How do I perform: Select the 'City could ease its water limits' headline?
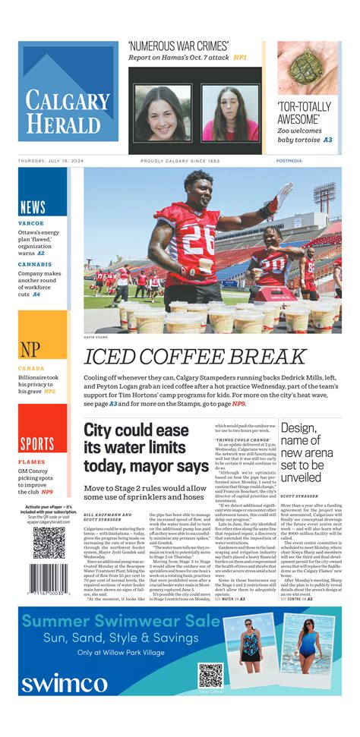[x=146, y=448]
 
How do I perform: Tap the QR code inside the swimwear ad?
[x=211, y=675]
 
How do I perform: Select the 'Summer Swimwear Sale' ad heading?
[x=120, y=622]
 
